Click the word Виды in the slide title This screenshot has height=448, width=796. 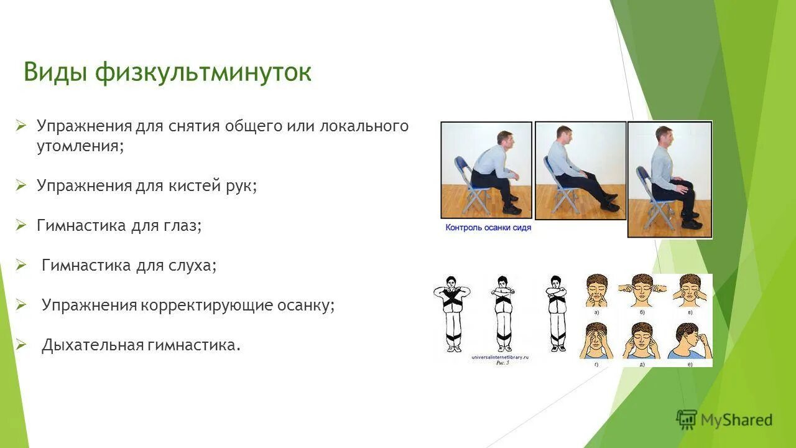tap(55, 73)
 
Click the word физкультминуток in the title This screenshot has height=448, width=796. tap(203, 73)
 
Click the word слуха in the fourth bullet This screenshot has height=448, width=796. tap(191, 266)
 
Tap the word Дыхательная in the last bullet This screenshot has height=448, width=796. tap(93, 345)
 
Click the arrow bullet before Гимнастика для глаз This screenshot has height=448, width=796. tap(21, 225)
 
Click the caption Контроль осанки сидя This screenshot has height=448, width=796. tap(488, 228)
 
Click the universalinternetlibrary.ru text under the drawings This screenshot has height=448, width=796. tap(500, 357)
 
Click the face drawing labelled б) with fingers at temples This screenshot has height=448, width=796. tap(641, 290)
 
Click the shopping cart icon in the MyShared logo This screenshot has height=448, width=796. tap(687, 420)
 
